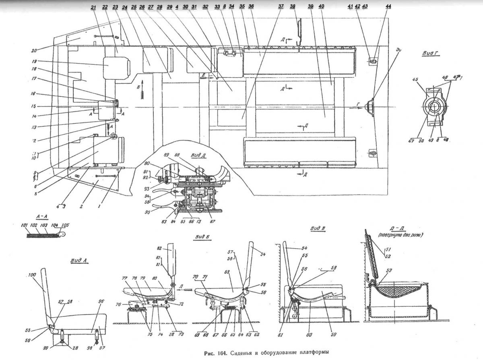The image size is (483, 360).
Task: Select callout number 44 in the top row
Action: [388, 7]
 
